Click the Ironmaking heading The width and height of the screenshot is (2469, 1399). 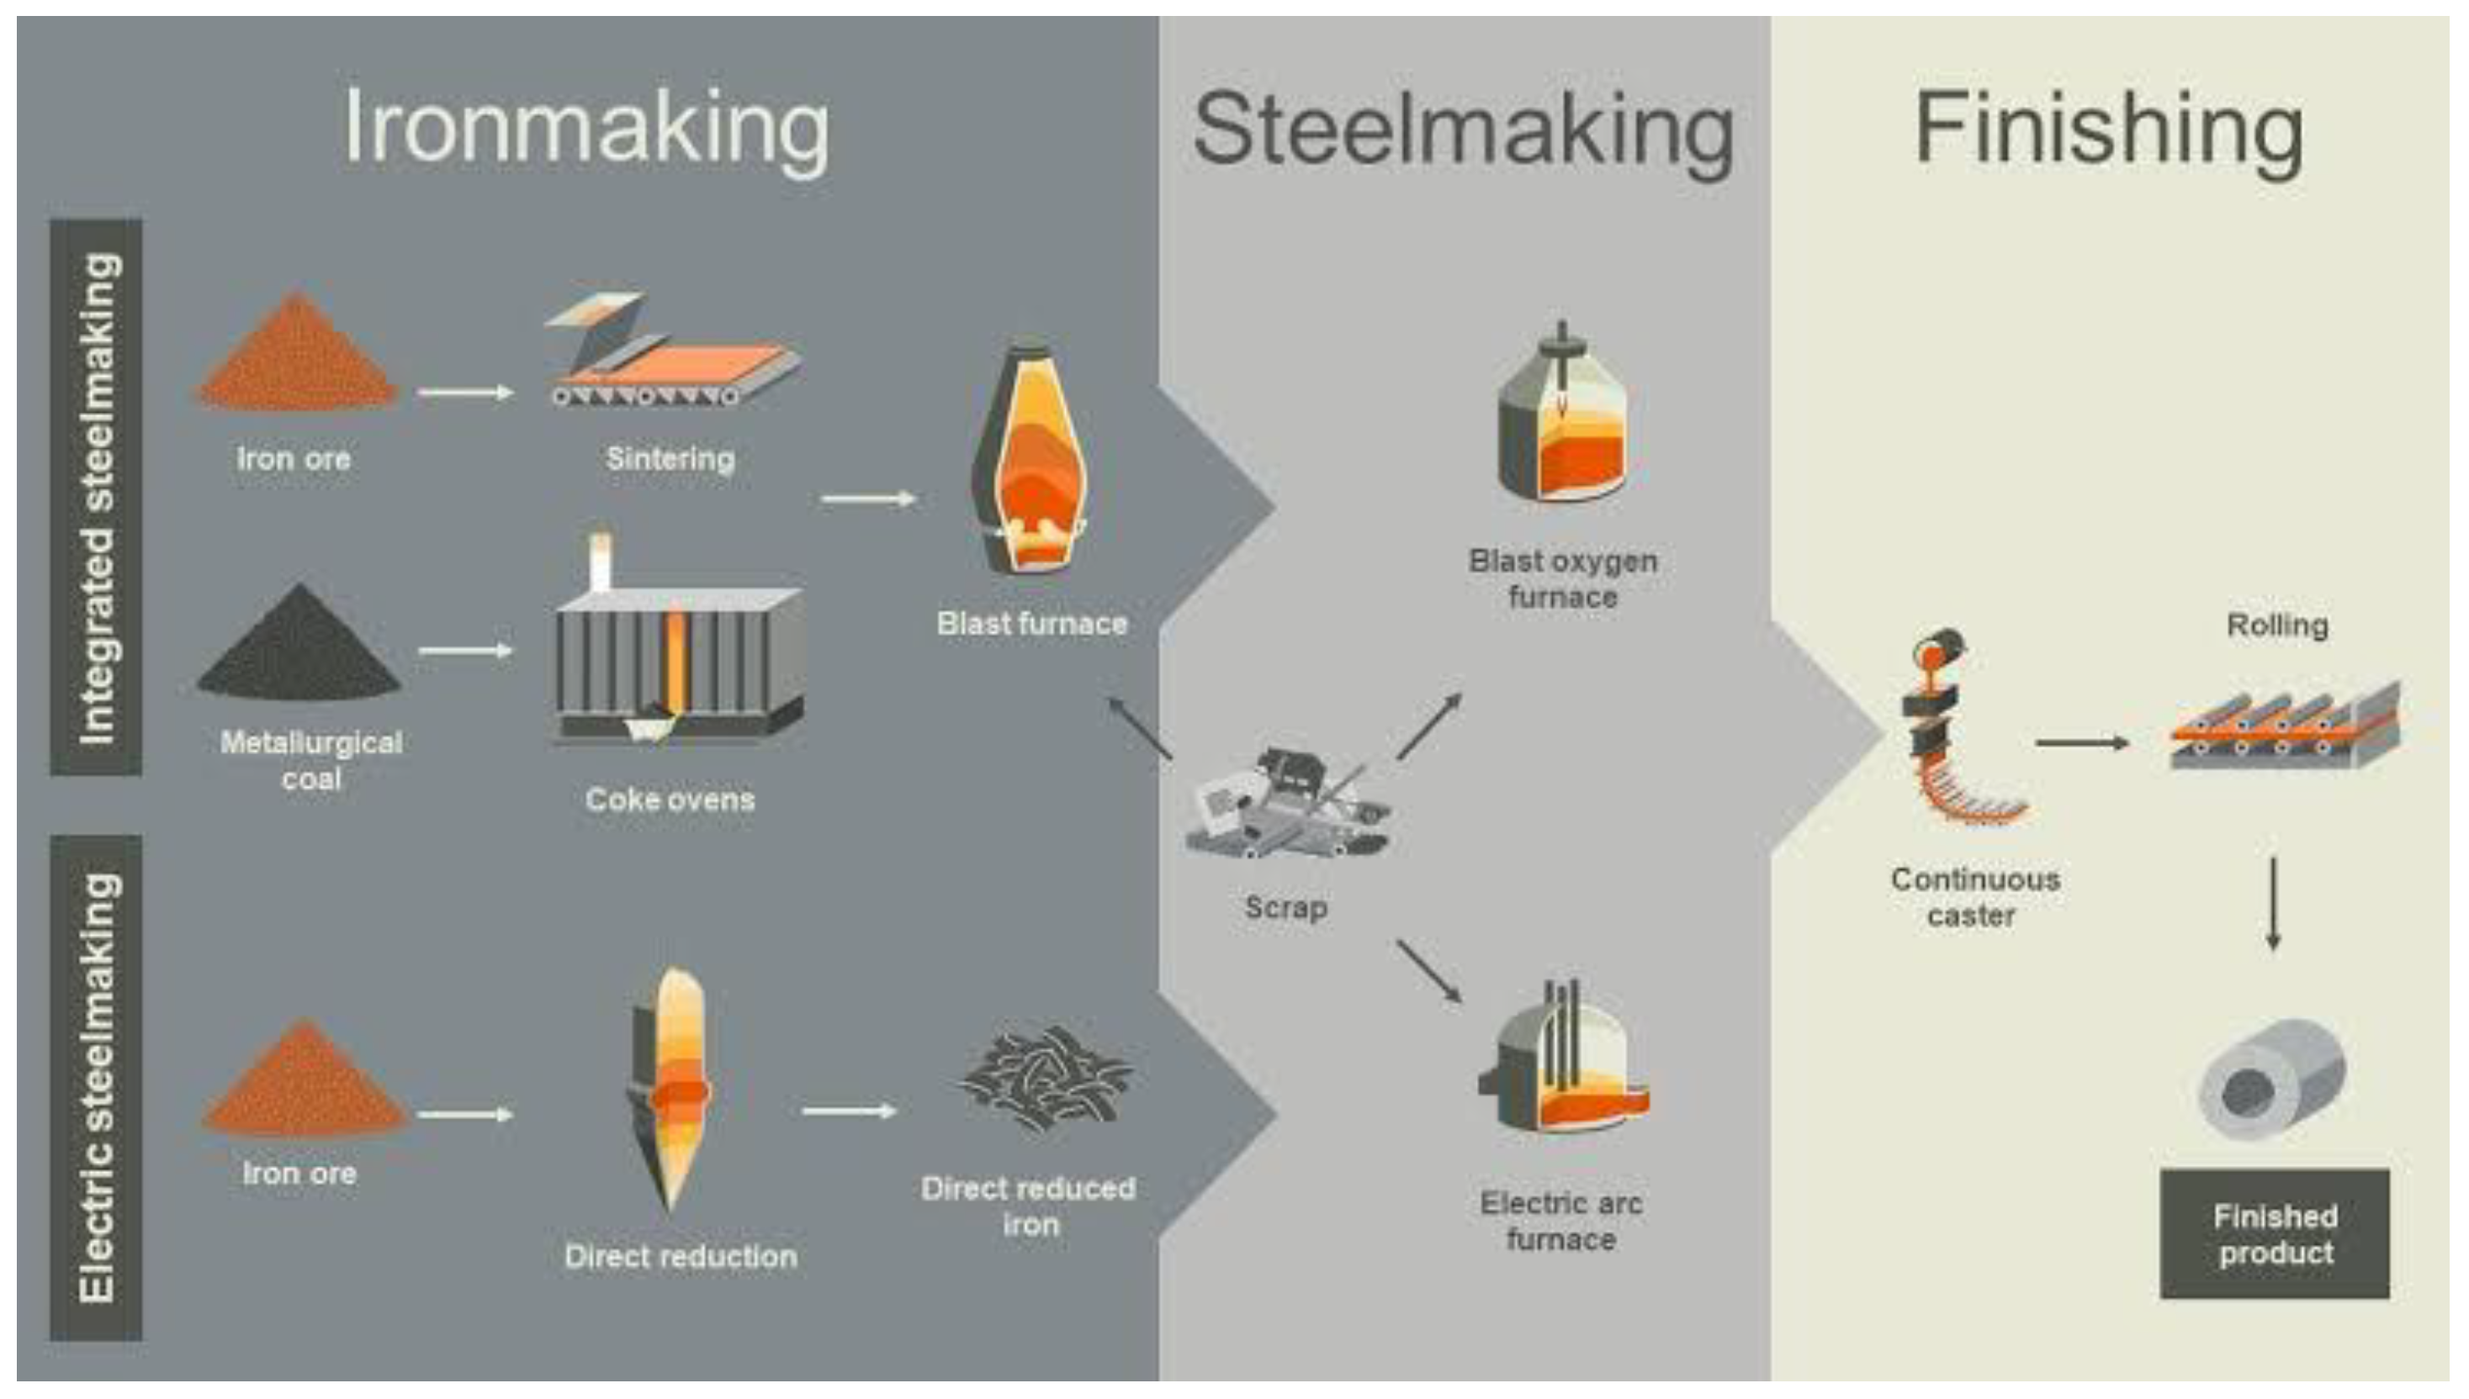(586, 129)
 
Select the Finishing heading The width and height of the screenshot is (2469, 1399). (2109, 129)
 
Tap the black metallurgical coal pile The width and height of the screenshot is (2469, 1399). (299, 643)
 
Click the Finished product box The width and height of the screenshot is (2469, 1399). (2275, 1235)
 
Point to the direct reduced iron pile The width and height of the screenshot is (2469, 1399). (1045, 1076)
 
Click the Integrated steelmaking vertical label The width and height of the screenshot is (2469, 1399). (97, 498)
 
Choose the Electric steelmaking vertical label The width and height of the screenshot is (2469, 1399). (97, 1087)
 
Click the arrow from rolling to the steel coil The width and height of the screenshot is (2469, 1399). (2273, 903)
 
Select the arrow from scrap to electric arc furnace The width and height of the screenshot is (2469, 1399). (1429, 970)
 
